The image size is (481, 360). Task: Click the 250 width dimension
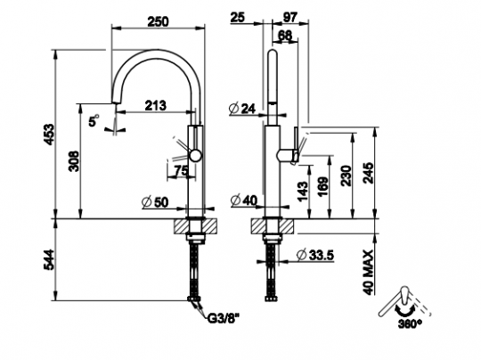click(x=158, y=21)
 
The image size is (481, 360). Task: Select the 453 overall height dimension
click(x=48, y=135)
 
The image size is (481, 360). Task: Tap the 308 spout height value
click(x=74, y=160)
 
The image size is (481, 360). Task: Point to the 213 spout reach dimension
click(x=156, y=105)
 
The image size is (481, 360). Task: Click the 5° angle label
click(x=94, y=120)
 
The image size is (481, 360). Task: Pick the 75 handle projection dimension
click(x=181, y=170)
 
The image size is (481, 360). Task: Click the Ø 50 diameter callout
click(x=155, y=202)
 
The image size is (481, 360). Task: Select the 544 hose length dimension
click(x=48, y=259)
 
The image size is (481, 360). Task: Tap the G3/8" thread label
click(x=224, y=319)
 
